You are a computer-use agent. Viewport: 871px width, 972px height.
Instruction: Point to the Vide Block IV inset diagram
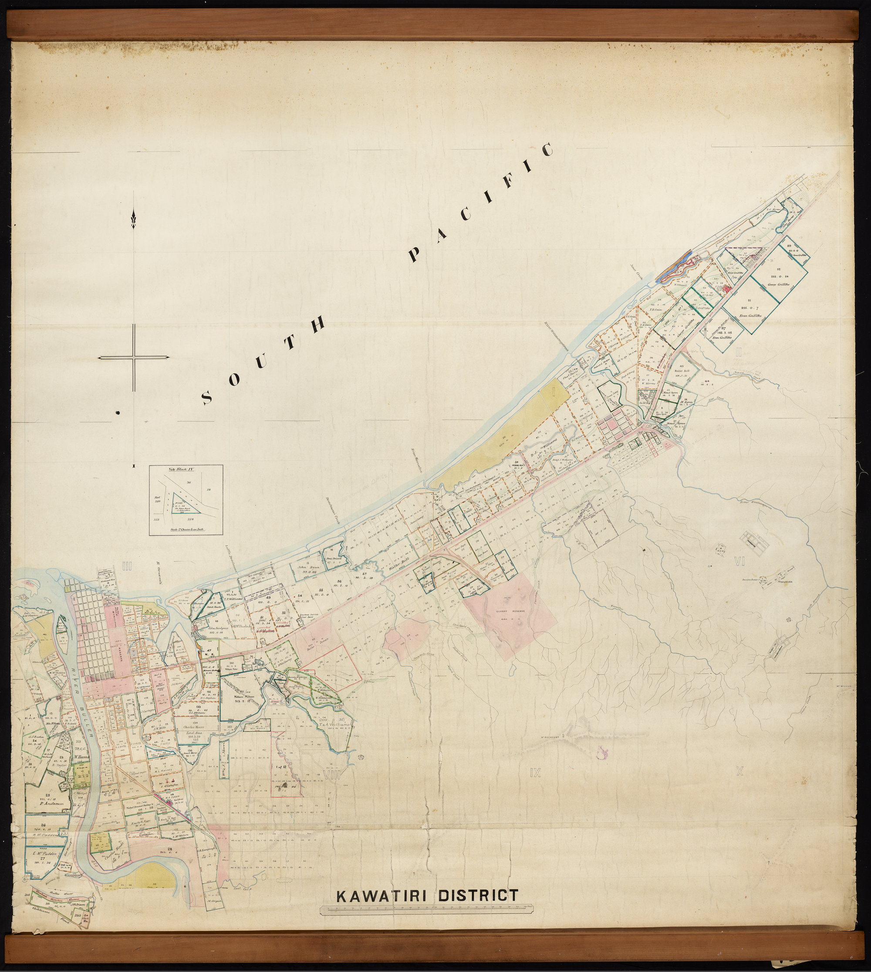point(186,500)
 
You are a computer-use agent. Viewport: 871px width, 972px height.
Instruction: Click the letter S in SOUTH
point(207,397)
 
